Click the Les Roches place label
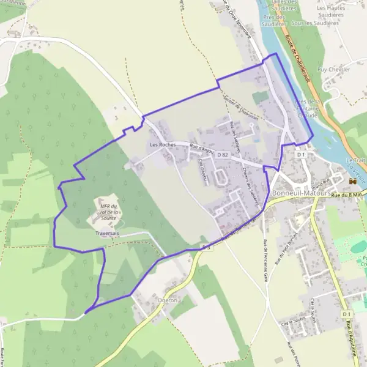pos(163,145)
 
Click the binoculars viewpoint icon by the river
pos(352,182)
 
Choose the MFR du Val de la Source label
pos(108,212)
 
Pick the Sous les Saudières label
pos(315,23)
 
